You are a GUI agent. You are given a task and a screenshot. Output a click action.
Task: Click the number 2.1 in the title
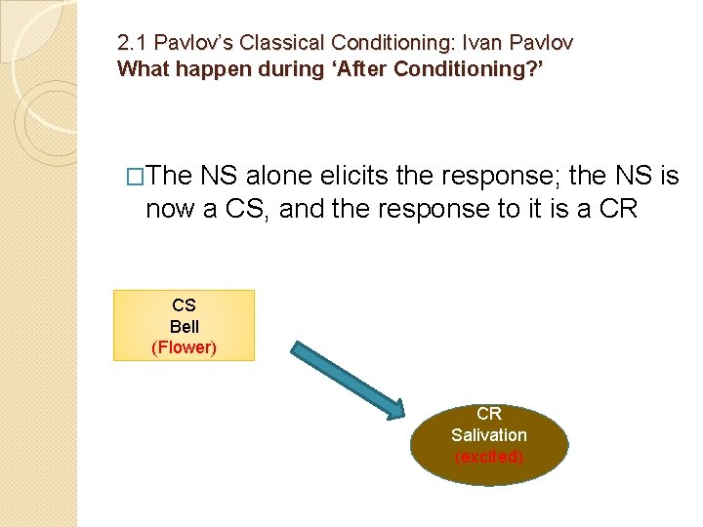click(x=132, y=43)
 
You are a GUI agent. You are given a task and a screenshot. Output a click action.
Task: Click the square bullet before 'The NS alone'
click(x=137, y=177)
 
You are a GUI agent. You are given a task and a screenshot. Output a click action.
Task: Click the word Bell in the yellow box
click(x=184, y=327)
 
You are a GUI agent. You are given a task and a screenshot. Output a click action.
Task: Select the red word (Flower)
click(x=184, y=347)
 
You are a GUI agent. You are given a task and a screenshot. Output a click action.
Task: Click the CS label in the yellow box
click(x=184, y=305)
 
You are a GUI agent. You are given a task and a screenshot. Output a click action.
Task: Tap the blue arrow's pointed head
click(x=395, y=413)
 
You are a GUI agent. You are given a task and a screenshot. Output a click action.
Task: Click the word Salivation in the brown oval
click(x=488, y=435)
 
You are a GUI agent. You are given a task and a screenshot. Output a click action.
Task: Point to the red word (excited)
click(x=488, y=457)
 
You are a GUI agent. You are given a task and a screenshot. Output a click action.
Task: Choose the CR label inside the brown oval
click(x=488, y=414)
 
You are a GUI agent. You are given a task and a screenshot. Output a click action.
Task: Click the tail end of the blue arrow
click(x=296, y=346)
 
